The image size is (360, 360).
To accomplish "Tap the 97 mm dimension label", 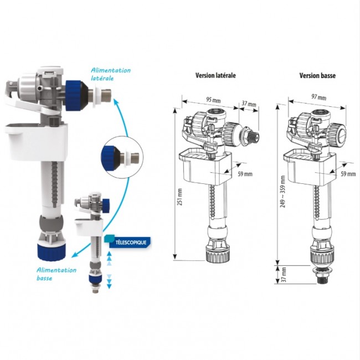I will coord(318,97).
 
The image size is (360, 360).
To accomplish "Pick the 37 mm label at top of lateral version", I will coord(249,104).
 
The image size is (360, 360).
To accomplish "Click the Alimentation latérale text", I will coord(111,74).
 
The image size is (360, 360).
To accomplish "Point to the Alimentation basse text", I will coord(56,274).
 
